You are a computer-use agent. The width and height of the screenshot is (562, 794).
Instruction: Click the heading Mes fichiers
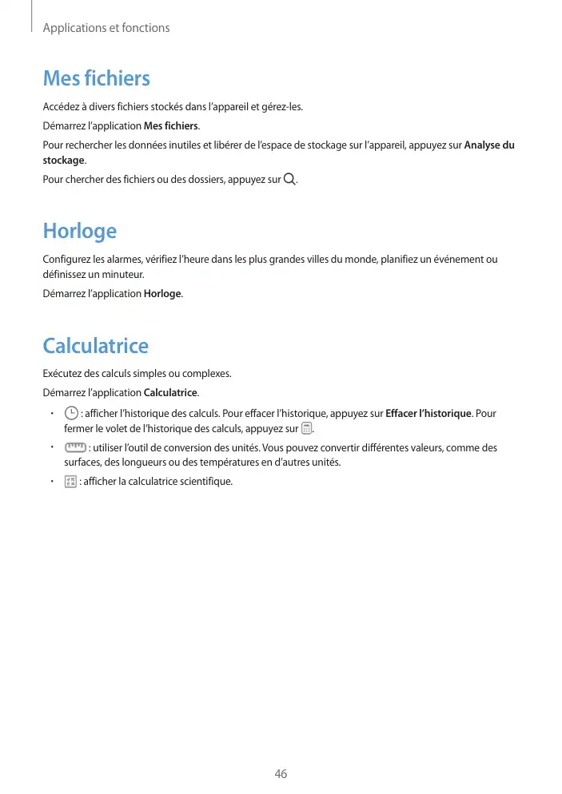coord(96,78)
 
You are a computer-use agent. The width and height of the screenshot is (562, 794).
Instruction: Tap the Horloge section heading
coord(79,231)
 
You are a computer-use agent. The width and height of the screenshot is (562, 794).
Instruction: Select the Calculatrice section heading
coord(95,346)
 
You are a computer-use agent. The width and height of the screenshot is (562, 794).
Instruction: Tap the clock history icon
coord(71,413)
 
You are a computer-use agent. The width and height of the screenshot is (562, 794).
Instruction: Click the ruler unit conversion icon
coord(75,447)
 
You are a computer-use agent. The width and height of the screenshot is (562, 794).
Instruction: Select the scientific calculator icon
coord(70,482)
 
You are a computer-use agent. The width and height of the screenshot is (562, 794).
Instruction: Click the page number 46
coord(281,774)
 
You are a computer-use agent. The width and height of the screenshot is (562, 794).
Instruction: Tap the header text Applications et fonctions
coord(106,28)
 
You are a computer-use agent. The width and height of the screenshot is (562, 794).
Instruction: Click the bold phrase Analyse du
coord(489,145)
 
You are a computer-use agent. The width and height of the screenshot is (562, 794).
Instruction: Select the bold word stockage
coord(63,160)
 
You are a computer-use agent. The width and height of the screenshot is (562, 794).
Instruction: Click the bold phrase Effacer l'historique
coord(429,414)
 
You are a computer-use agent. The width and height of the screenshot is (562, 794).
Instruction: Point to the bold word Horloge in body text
coord(162,294)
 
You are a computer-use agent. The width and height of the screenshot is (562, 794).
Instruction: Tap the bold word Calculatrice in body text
coord(170,392)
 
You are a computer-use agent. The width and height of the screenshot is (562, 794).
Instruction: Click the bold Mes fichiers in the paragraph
coord(170,126)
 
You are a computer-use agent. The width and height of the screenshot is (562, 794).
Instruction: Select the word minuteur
coord(124,275)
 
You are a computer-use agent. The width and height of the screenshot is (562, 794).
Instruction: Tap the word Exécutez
coord(62,373)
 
